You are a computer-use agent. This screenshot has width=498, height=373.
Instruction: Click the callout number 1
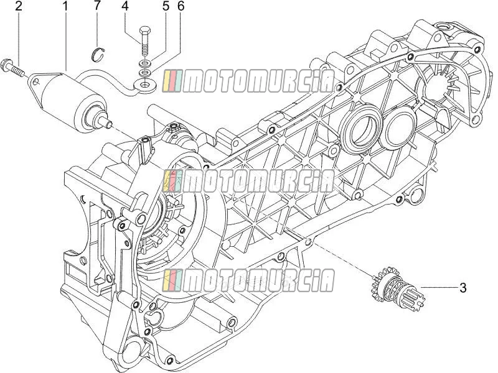pos(65,6)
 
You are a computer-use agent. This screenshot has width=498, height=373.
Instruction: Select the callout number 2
pos(19,6)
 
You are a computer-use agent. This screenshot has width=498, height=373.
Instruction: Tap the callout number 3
pos(463,288)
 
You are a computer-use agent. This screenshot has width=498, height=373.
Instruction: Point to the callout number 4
pos(126,6)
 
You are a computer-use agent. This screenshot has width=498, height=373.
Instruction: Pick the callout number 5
pos(166,6)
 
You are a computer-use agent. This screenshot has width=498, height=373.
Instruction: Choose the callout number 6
pos(181,6)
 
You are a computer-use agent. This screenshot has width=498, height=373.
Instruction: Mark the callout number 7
pos(97,6)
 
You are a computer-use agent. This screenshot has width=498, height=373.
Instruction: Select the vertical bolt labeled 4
pos(145,41)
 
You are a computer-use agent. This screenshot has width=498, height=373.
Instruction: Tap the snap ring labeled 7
pos(98,53)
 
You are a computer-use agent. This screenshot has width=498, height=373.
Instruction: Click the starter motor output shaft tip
pos(110,124)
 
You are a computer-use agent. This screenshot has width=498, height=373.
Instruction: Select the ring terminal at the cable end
pos(145,85)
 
